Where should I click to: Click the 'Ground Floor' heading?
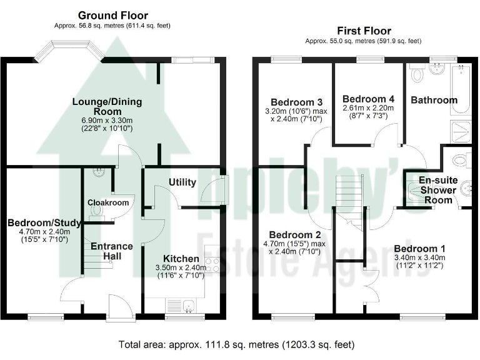(x=112, y=15)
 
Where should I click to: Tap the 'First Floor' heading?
(x=364, y=31)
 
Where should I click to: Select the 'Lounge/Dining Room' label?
(x=107, y=107)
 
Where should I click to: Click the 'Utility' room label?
(x=182, y=182)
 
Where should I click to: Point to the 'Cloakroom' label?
(x=108, y=203)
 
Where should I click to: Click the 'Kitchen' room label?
(x=181, y=259)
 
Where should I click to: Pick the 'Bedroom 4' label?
(x=369, y=99)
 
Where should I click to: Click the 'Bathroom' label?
(x=434, y=100)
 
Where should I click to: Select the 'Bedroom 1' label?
(x=419, y=247)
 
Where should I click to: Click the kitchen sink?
(x=181, y=305)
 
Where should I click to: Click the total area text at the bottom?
(x=237, y=344)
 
